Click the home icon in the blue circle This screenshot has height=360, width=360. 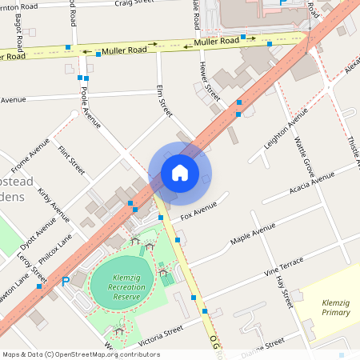[x=180, y=173]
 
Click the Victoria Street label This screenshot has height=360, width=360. [x=161, y=334]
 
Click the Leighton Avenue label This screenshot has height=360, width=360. [x=286, y=129]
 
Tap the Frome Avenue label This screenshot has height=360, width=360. [x=30, y=166]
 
